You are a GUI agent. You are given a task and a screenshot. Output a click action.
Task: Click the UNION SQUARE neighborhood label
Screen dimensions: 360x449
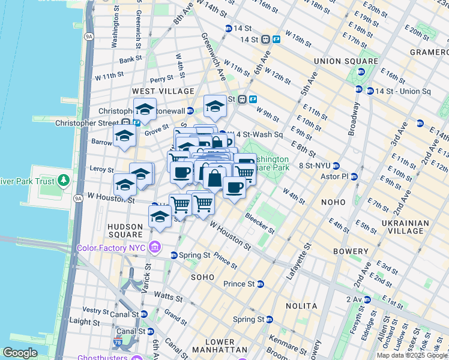point(346,61)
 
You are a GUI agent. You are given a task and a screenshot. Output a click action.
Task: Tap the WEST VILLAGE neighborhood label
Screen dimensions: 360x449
point(163,91)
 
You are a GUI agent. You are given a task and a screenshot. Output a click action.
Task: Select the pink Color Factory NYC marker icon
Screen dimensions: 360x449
point(155,247)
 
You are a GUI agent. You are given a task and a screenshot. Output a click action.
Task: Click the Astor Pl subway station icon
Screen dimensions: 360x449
point(354,177)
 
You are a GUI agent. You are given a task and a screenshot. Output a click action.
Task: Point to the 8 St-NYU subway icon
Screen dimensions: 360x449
point(337,166)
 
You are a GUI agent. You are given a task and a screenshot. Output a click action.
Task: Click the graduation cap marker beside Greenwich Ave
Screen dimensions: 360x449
point(215,107)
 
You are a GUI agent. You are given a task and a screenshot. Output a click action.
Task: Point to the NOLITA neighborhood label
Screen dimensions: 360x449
point(303,306)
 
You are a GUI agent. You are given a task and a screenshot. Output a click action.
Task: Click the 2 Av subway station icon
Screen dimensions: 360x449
point(369,299)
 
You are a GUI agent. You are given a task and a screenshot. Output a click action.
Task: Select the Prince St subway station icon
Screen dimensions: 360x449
point(261,284)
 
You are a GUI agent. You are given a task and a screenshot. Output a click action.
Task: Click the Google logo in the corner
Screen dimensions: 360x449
point(20,353)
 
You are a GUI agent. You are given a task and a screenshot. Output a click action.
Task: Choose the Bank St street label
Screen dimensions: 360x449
point(130,60)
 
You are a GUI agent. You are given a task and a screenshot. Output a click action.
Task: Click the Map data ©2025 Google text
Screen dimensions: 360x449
point(412,355)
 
